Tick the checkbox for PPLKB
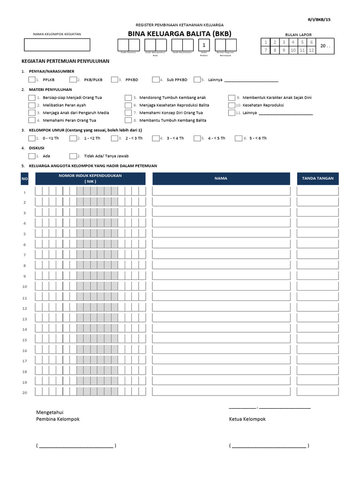(32, 80)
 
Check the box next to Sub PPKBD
(157, 80)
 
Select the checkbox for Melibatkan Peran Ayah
(32, 105)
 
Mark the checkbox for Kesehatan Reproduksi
(232, 105)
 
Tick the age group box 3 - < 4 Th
(157, 138)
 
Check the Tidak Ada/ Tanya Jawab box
(73, 156)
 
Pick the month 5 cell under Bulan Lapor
(302, 42)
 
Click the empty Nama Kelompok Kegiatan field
(57, 45)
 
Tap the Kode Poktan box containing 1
(203, 45)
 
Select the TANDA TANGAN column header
(318, 179)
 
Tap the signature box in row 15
(318, 339)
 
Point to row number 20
(25, 392)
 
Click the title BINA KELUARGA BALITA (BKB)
(180, 33)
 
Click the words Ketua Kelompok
(247, 419)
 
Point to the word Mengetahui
(50, 412)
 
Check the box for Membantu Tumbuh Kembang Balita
(128, 120)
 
